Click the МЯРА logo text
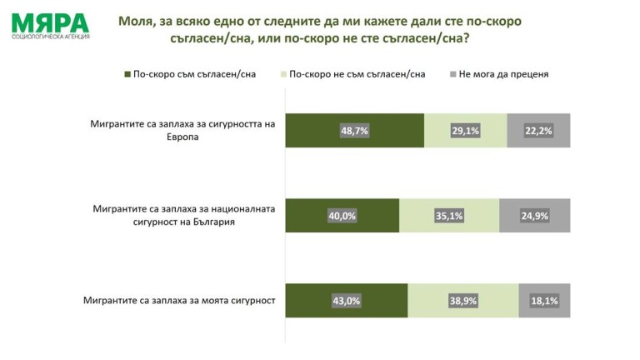(49, 22)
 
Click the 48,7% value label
(354, 131)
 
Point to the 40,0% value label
(342, 216)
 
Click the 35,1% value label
(449, 216)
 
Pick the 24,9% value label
(534, 216)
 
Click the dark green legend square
(127, 74)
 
